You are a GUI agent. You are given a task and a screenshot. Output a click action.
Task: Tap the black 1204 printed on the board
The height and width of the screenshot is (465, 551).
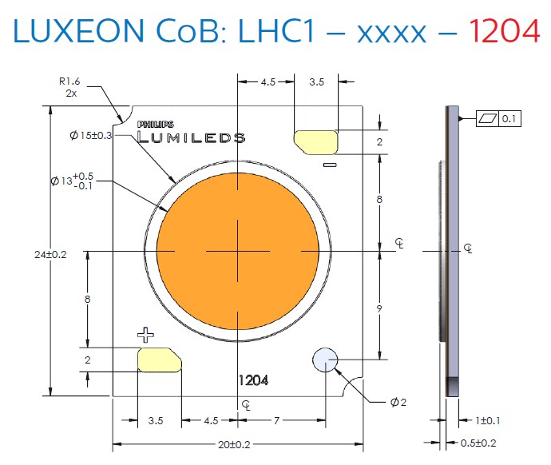252,381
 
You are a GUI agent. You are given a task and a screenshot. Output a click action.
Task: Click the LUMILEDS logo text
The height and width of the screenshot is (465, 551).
191,137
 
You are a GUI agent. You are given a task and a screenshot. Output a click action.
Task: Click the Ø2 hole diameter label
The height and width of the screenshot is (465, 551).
398,402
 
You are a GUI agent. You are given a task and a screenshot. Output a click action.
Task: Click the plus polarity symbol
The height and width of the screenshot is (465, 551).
145,333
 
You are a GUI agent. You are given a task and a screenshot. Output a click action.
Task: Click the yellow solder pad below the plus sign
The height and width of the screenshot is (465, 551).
160,360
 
